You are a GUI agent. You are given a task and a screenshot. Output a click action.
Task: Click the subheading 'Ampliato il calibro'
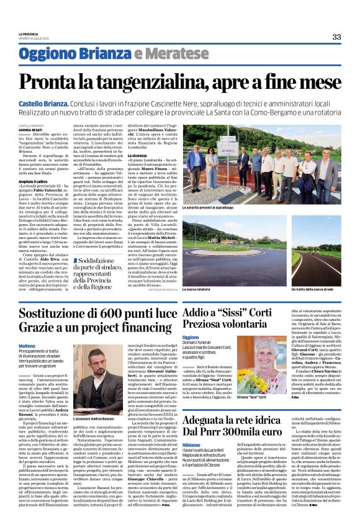pos(32,181)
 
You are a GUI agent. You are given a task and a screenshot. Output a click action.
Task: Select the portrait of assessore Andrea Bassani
pos(97,385)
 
